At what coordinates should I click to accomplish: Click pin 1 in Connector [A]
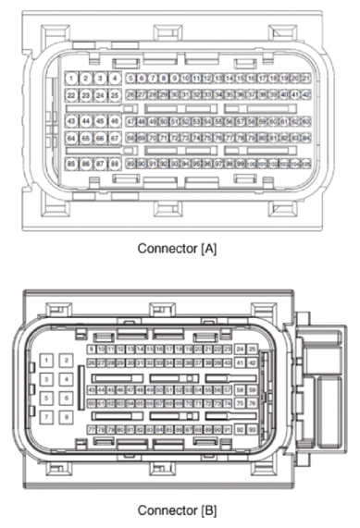click(72, 79)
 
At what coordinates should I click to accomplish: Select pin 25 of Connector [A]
click(115, 95)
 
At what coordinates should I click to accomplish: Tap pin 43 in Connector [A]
click(72, 121)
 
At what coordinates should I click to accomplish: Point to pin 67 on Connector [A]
click(115, 138)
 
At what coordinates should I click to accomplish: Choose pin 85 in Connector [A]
click(72, 163)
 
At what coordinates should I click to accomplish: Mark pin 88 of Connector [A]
click(115, 163)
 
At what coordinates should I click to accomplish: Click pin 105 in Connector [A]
click(304, 163)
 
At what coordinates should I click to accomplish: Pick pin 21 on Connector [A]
click(304, 80)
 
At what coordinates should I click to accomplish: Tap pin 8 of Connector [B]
click(66, 417)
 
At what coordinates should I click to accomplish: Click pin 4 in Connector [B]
click(66, 379)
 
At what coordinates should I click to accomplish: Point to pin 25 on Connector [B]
click(240, 350)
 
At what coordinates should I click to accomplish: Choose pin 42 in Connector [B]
click(252, 363)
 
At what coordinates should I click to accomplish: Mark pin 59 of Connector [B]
click(252, 390)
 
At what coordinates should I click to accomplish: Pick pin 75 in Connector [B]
click(240, 403)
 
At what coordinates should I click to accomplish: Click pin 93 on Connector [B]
click(252, 430)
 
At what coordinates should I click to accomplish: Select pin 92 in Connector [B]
click(240, 430)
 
